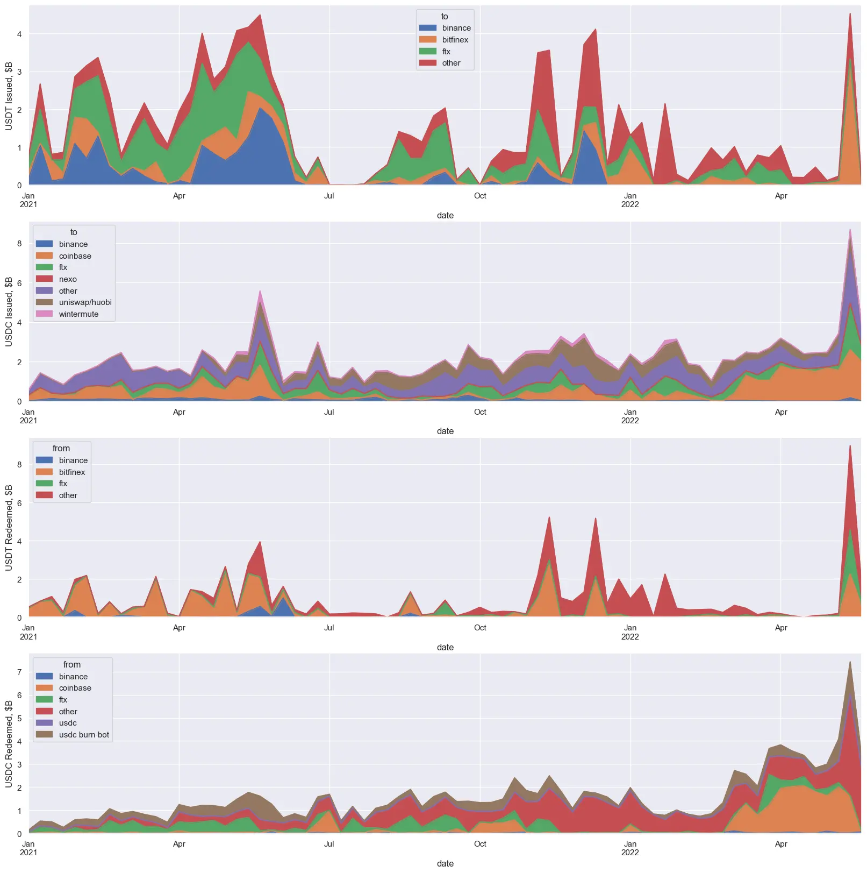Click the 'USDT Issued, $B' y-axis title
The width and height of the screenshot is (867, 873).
pyautogui.click(x=9, y=96)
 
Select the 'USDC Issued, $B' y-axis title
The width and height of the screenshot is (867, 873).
pyautogui.click(x=9, y=311)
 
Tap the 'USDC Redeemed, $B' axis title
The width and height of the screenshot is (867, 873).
pyautogui.click(x=9, y=743)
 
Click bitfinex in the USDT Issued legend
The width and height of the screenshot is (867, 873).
pyautogui.click(x=455, y=40)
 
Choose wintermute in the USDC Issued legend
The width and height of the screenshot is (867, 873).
pyautogui.click(x=78, y=314)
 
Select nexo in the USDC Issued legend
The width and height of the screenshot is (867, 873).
pyautogui.click(x=68, y=279)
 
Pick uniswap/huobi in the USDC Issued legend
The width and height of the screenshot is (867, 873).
pyautogui.click(x=85, y=302)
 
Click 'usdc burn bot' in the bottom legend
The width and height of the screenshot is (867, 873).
pyautogui.click(x=84, y=735)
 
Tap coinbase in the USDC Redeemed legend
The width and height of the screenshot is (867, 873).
pyautogui.click(x=75, y=688)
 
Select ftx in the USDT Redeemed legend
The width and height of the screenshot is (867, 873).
pyautogui.click(x=63, y=484)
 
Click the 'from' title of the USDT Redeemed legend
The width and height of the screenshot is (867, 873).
pyautogui.click(x=61, y=449)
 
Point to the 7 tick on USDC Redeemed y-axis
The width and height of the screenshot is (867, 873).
pyautogui.click(x=19, y=672)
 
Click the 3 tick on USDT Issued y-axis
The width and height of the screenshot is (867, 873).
pyautogui.click(x=19, y=72)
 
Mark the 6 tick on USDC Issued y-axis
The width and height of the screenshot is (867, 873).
pyautogui.click(x=19, y=283)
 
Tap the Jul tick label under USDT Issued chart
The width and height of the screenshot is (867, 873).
pyautogui.click(x=329, y=196)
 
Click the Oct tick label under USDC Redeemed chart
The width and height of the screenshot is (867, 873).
pyautogui.click(x=480, y=844)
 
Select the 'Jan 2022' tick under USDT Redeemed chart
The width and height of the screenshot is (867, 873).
pyautogui.click(x=630, y=632)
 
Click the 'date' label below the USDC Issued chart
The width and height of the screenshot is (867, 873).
pyautogui.click(x=445, y=431)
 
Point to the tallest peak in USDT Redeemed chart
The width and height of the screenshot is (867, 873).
pyautogui.click(x=850, y=446)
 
